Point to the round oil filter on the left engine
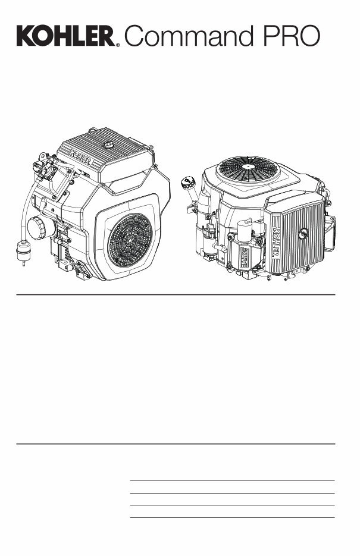(41, 227)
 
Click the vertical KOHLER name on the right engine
(276, 241)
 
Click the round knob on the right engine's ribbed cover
(303, 234)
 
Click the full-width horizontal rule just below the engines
(176, 294)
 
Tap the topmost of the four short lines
(232, 480)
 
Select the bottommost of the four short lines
(232, 517)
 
